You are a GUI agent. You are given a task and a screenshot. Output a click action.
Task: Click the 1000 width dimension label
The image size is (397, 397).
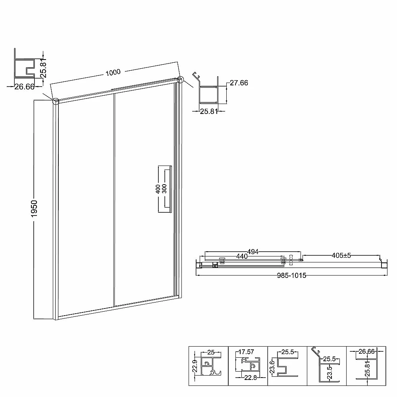(113, 73)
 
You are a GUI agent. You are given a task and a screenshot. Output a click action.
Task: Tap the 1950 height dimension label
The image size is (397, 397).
(34, 208)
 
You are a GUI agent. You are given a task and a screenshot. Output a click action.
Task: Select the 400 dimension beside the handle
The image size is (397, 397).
(158, 189)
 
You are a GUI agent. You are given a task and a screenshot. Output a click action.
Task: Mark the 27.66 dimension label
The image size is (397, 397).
(239, 83)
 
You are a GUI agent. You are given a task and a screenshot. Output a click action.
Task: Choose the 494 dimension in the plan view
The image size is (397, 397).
(253, 252)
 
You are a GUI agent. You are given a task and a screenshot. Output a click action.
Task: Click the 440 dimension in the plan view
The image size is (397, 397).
(242, 256)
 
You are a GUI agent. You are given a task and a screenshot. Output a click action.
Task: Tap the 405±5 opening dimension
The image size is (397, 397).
(341, 255)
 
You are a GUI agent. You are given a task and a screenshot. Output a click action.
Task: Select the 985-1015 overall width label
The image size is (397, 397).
(291, 276)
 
